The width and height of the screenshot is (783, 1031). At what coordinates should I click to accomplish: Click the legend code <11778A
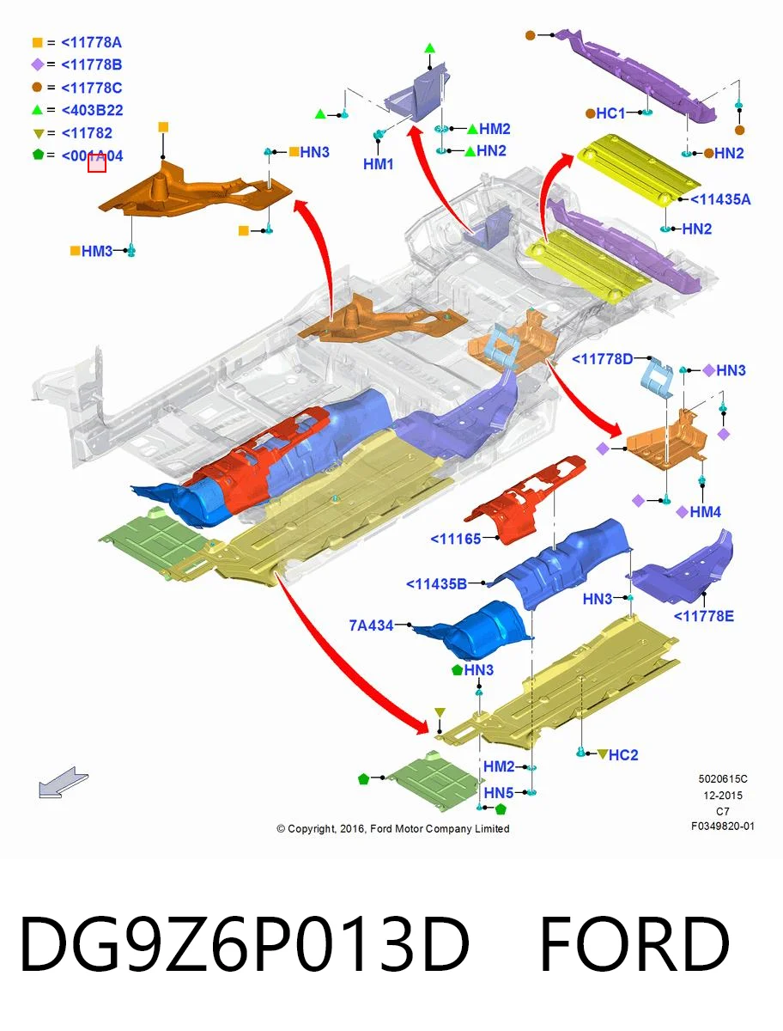[x=92, y=43]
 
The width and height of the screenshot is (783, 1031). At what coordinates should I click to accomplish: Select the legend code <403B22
[x=93, y=110]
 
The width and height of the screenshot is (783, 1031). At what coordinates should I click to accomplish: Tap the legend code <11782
[x=87, y=133]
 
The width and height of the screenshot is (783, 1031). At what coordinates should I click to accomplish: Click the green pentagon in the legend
[x=38, y=155]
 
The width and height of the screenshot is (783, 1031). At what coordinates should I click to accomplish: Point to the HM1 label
[x=378, y=164]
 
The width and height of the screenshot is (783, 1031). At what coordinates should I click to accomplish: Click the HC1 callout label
[x=610, y=113]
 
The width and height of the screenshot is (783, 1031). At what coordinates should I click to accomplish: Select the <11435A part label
[x=720, y=199]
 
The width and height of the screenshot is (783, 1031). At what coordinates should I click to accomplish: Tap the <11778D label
[x=603, y=359]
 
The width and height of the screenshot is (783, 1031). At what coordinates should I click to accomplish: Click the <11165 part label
[x=456, y=539]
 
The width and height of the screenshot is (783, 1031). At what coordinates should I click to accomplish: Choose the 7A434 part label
[x=371, y=625]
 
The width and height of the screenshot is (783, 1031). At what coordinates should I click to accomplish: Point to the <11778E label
[x=704, y=616]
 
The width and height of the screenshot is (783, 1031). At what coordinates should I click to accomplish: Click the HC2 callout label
[x=623, y=755]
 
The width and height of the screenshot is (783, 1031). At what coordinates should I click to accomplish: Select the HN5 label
[x=498, y=793]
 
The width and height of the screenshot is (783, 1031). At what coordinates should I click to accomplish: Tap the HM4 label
[x=706, y=512]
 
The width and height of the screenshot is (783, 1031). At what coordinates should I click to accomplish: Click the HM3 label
[x=97, y=251]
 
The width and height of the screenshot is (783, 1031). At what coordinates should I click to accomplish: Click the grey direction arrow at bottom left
[x=63, y=782]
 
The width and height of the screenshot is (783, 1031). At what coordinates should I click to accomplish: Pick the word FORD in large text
[x=634, y=943]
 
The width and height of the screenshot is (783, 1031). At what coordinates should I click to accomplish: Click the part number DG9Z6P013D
[x=245, y=943]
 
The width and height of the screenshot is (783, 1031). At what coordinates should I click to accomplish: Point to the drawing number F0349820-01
[x=723, y=827]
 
